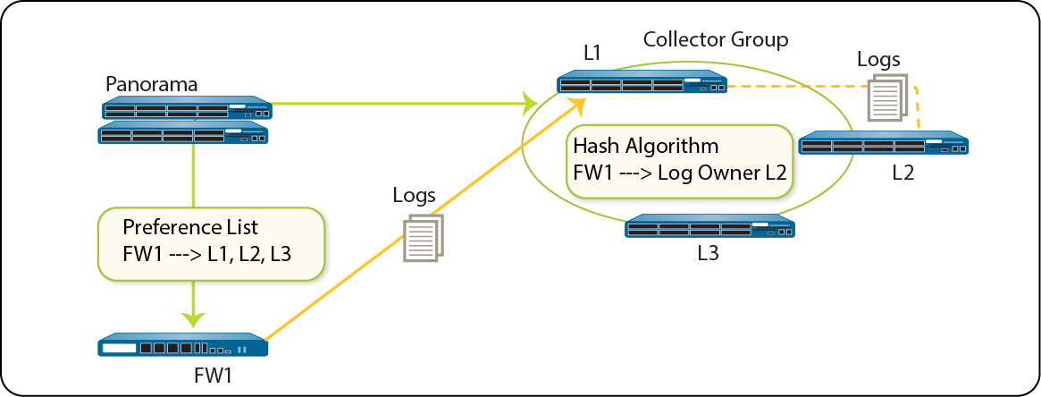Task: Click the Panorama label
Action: [151, 85]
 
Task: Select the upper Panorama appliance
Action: [186, 109]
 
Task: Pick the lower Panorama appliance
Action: [184, 133]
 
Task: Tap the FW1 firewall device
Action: [183, 346]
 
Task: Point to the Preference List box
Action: [207, 243]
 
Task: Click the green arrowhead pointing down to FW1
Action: [194, 317]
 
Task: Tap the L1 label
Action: [591, 53]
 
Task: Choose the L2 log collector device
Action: [883, 145]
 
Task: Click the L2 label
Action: [903, 173]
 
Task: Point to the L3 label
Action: [709, 253]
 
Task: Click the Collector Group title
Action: [716, 39]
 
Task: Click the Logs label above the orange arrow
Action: [414, 195]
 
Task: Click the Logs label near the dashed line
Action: [878, 59]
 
